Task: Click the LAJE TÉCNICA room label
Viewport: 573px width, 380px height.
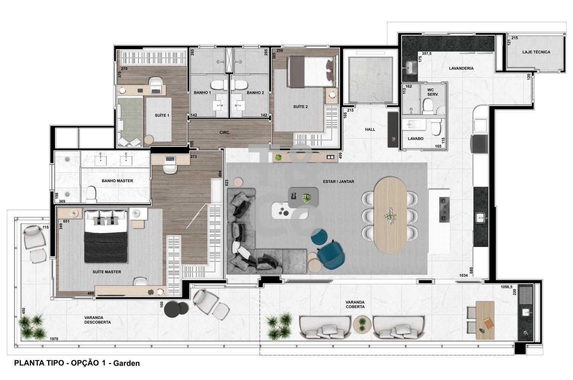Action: (536, 52)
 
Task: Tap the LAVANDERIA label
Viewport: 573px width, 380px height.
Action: (461, 68)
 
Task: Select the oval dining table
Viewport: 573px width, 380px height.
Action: (390, 215)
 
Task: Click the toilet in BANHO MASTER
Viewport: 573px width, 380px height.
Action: (91, 194)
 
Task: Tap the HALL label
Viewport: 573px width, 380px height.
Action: (370, 130)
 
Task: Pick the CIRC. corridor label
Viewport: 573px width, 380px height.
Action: (225, 133)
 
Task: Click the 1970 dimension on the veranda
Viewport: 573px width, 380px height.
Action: (54, 339)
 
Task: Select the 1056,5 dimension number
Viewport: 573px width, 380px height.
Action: (507, 287)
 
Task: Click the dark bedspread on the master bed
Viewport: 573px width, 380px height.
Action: (106, 247)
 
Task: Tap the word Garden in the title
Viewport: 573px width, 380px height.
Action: (126, 363)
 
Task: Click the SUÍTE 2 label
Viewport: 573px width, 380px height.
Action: (300, 107)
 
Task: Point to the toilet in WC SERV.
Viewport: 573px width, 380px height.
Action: (427, 106)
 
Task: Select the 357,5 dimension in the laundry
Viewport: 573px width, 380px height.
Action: (427, 54)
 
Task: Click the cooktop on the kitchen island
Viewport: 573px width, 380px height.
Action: (444, 210)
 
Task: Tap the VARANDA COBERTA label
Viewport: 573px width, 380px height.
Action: (355, 304)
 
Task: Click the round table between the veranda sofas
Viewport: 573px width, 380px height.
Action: (362, 325)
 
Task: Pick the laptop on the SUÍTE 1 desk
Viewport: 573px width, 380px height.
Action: (156, 90)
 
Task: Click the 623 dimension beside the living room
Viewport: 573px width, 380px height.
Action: (227, 183)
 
